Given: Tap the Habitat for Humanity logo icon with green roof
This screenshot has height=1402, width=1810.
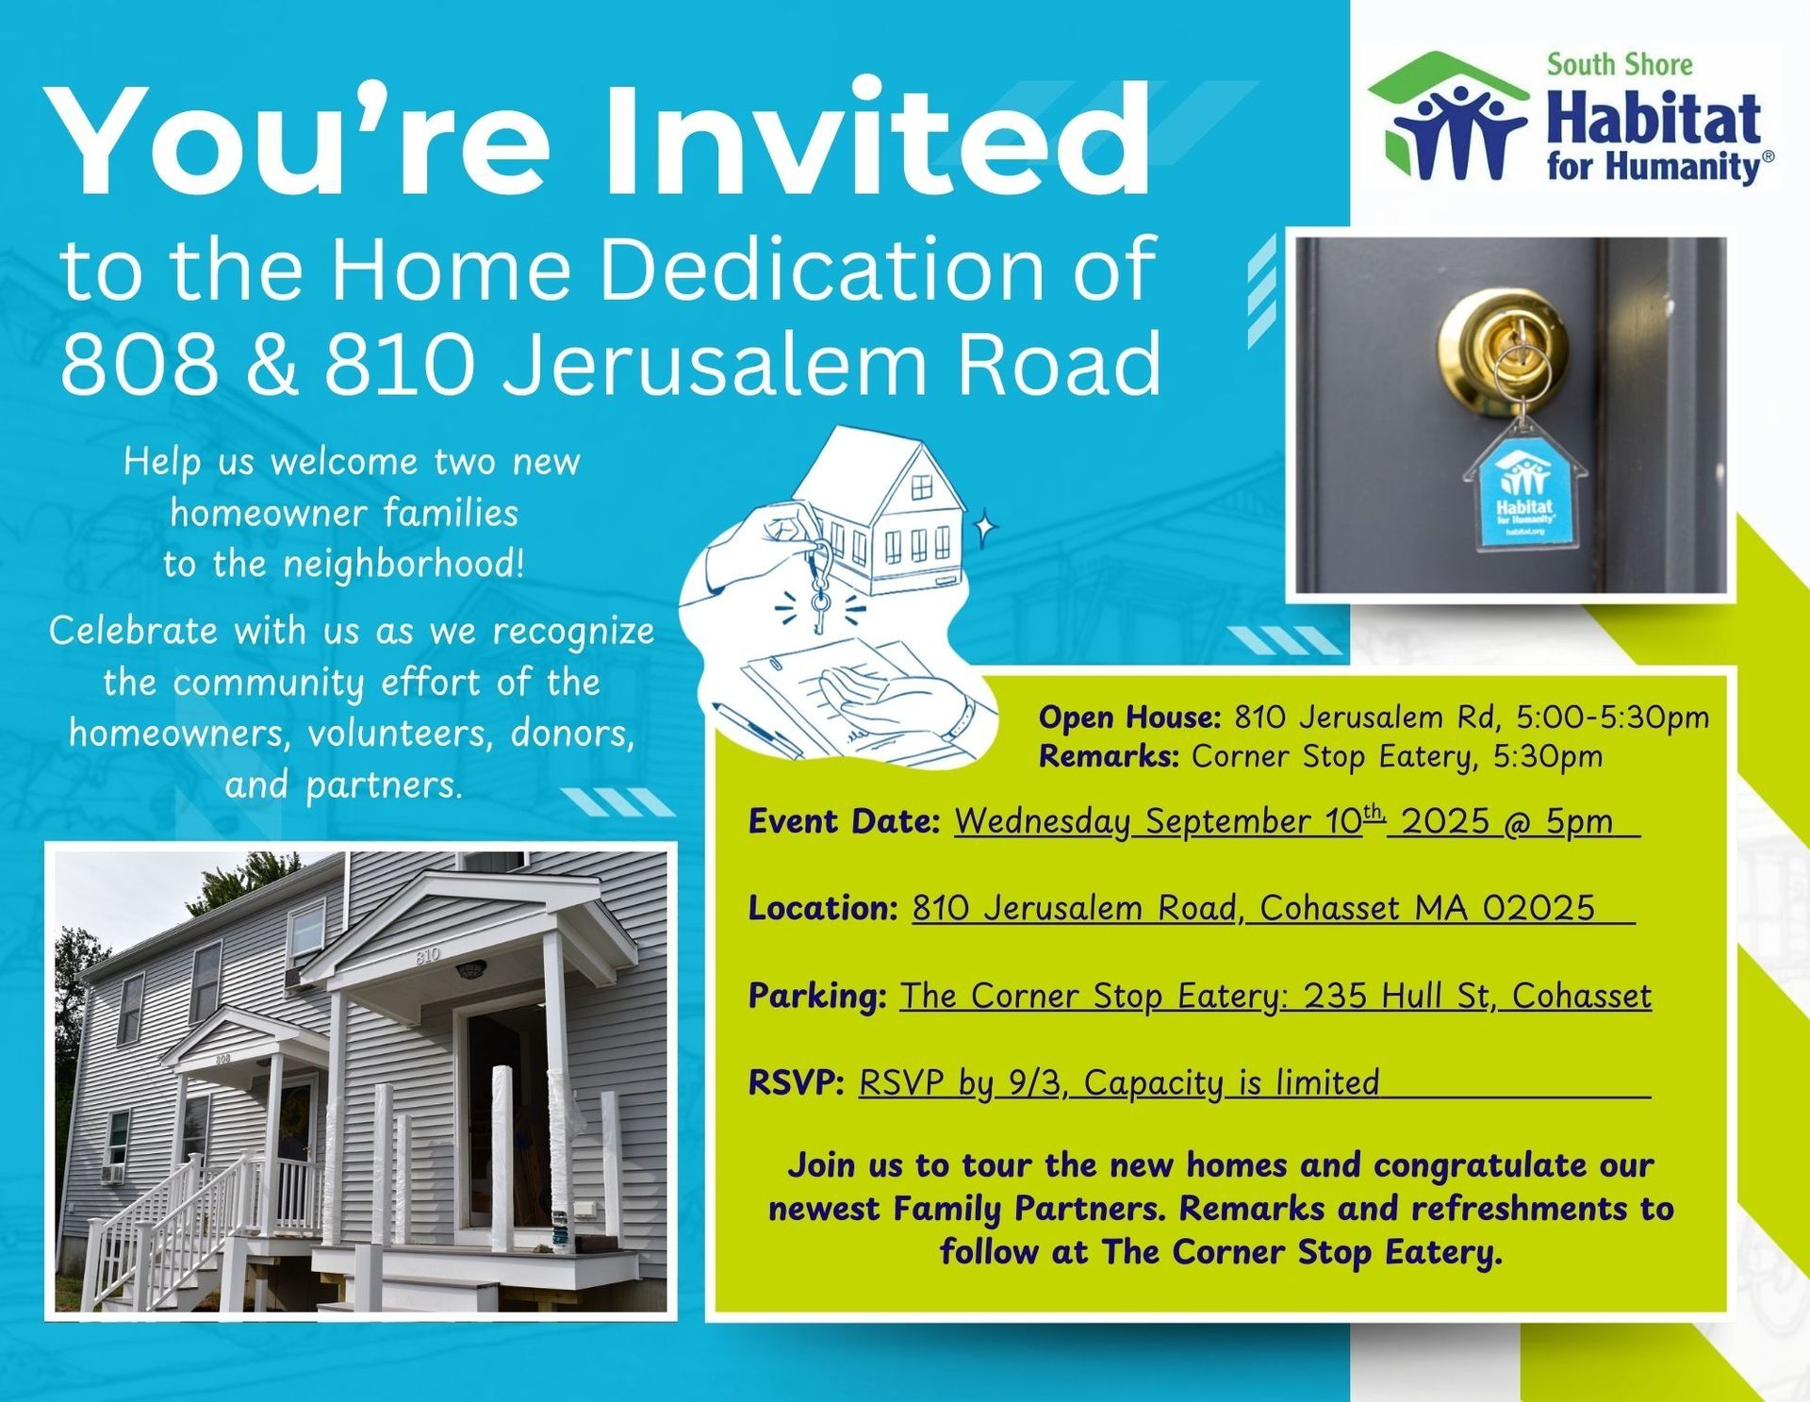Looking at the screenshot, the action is pyautogui.click(x=1447, y=116).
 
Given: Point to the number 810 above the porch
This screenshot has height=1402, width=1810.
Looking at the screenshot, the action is pyautogui.click(x=427, y=956).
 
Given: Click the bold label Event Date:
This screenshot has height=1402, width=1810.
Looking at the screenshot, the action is pyautogui.click(x=844, y=821).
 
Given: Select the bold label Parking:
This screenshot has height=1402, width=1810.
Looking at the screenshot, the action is pyautogui.click(x=817, y=997).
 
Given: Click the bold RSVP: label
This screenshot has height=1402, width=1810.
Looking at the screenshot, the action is pyautogui.click(x=796, y=1082).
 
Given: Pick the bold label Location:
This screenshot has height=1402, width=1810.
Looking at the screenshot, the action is pyautogui.click(x=823, y=908).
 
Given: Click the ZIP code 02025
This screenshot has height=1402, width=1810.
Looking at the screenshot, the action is pyautogui.click(x=1538, y=907).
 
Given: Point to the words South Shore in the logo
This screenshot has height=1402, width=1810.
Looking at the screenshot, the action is pyautogui.click(x=1619, y=64).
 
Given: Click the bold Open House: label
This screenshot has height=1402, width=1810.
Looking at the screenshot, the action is pyautogui.click(x=1129, y=717).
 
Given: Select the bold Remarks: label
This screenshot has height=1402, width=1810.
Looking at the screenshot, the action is pyautogui.click(x=1109, y=756).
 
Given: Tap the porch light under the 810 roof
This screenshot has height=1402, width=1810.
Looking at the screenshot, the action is pyautogui.click(x=469, y=968).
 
